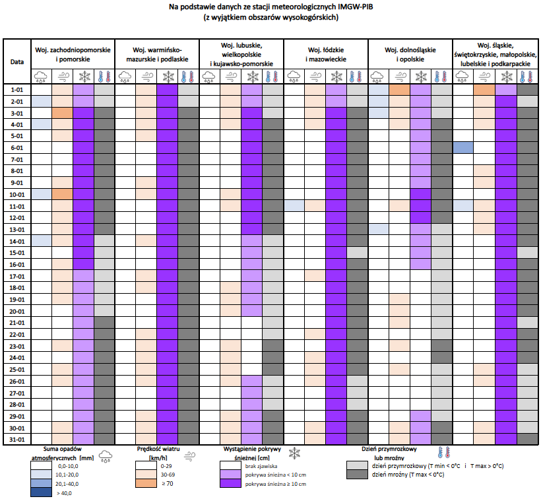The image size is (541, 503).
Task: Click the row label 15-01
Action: [16, 252]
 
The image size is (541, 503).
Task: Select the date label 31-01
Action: [16, 439]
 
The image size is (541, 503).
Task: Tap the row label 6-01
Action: [16, 148]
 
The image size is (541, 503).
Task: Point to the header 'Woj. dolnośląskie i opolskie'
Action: [410, 54]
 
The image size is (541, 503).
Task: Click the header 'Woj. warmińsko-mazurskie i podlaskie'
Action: [157, 54]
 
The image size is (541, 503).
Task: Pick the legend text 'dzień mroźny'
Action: [392, 475]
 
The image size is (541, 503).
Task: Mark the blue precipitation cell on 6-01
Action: [463, 148]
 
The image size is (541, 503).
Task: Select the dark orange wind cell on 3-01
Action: [62, 113]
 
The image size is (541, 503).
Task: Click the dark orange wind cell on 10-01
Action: [62, 194]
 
